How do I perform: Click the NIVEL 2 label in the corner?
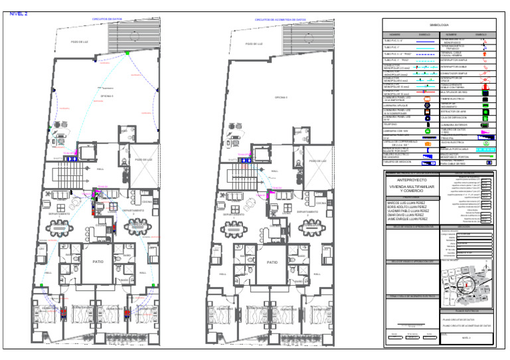pos(18,13)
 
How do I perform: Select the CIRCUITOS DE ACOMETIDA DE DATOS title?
pos(280,20)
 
